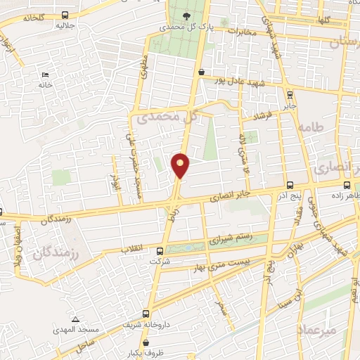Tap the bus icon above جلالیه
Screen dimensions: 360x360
point(65,15)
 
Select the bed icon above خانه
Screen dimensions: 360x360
point(46,75)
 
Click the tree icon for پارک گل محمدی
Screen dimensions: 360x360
point(186,15)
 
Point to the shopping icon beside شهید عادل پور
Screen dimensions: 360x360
point(202,72)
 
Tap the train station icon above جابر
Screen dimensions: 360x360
point(290,94)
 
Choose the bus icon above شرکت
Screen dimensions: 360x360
point(161,250)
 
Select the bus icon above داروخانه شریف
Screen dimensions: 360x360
point(146,315)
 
